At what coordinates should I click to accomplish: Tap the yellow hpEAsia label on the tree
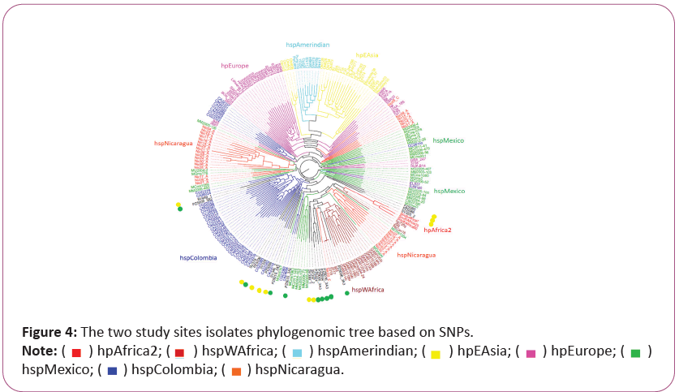[367, 56]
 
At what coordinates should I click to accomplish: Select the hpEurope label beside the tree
[234, 65]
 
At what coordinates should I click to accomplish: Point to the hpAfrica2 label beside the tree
[437, 230]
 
